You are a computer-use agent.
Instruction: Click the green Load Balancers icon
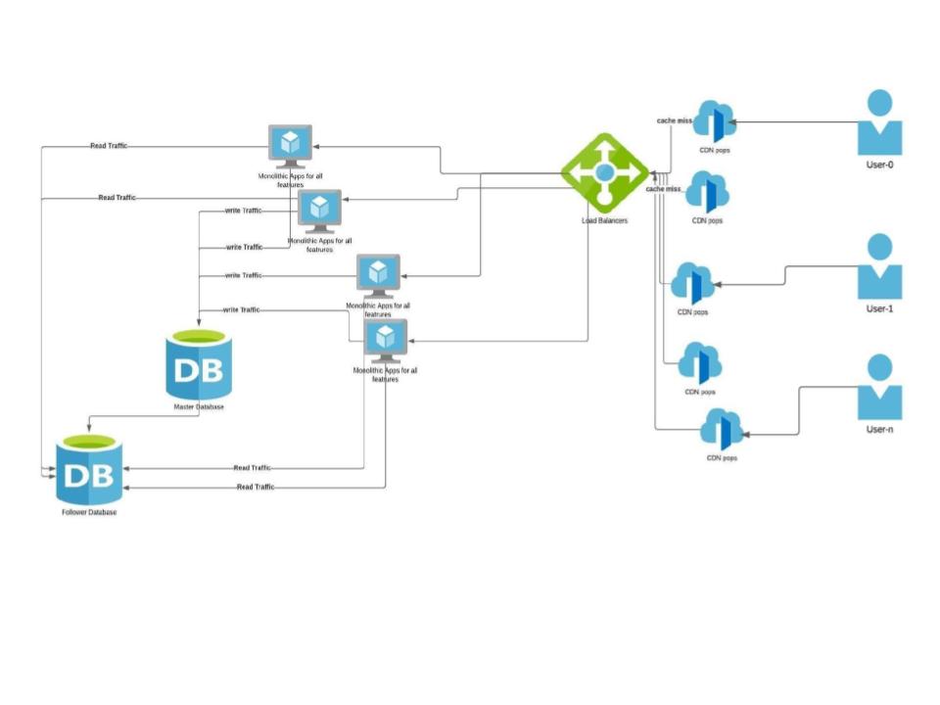(x=604, y=172)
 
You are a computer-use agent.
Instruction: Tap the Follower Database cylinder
(x=88, y=470)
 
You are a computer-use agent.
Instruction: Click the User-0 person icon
(x=879, y=122)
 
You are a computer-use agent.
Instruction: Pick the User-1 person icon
(x=879, y=266)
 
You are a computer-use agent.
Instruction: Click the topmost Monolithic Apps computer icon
(x=291, y=146)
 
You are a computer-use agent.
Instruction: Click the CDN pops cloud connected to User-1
(x=693, y=284)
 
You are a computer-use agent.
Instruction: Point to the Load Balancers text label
(x=604, y=221)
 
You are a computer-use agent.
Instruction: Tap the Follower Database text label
(x=88, y=512)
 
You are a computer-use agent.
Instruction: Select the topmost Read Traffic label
(x=108, y=146)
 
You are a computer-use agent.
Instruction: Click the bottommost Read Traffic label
(x=256, y=487)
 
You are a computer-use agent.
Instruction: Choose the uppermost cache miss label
(x=675, y=120)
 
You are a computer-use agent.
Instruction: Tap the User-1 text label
(x=879, y=308)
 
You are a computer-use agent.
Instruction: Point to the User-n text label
(x=879, y=429)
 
